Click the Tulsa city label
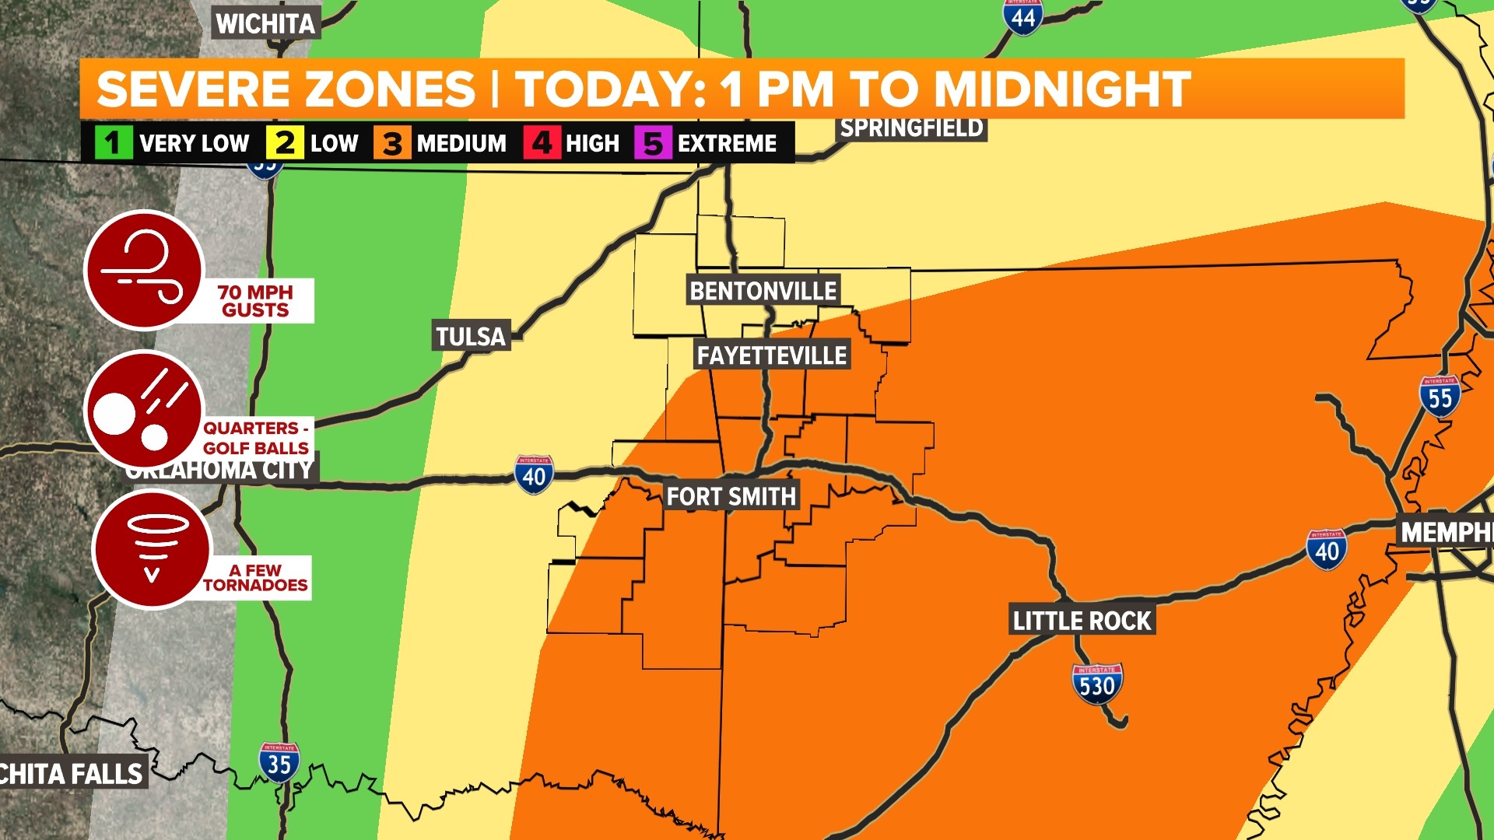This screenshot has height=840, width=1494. [471, 336]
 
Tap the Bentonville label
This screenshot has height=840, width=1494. [763, 291]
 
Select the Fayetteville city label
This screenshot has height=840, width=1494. [771, 355]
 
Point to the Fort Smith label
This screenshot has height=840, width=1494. [731, 496]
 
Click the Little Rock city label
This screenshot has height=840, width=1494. [1082, 621]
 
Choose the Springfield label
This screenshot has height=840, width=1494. [912, 128]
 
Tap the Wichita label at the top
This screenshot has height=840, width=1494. [265, 24]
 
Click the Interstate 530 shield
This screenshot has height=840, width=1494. [1097, 684]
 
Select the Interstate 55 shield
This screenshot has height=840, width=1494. [1440, 397]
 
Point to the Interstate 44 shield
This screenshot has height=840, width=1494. [1023, 16]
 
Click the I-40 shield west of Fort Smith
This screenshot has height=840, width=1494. [534, 474]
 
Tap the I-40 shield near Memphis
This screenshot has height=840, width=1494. [1327, 549]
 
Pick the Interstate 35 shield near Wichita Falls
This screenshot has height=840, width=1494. [279, 762]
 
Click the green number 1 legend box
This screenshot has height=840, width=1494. [114, 143]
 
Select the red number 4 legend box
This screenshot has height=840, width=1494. [542, 143]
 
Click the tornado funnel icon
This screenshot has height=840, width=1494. [153, 549]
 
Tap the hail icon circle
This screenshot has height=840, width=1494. [145, 411]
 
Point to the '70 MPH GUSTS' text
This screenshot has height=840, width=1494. [255, 301]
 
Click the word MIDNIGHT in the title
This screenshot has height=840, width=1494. [1062, 89]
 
